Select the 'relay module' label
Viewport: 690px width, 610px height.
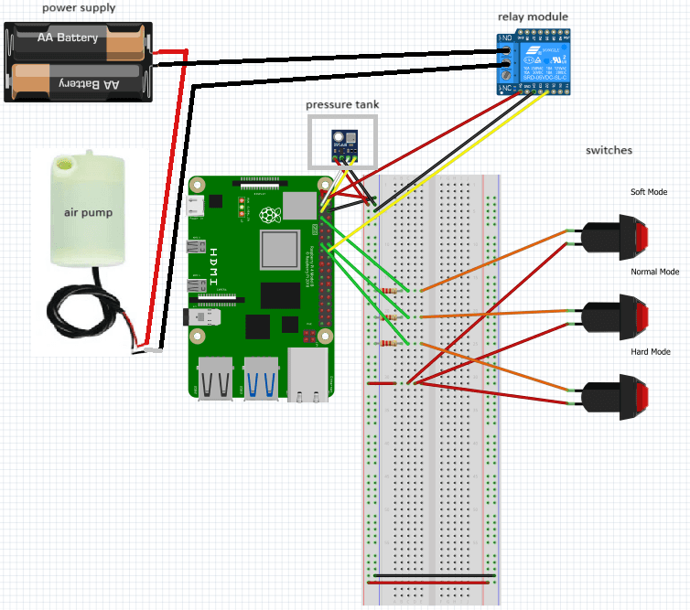click(x=533, y=16)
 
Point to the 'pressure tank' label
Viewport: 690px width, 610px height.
click(x=341, y=105)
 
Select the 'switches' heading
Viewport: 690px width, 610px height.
click(x=609, y=150)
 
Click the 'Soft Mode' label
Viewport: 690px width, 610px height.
click(x=649, y=192)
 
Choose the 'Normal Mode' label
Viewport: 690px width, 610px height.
click(x=654, y=272)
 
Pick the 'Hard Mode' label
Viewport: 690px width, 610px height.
click(x=651, y=352)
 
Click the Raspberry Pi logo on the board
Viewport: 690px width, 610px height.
click(x=269, y=216)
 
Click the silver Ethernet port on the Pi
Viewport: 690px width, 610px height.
click(x=307, y=375)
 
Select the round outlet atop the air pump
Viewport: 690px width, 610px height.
click(x=65, y=166)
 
